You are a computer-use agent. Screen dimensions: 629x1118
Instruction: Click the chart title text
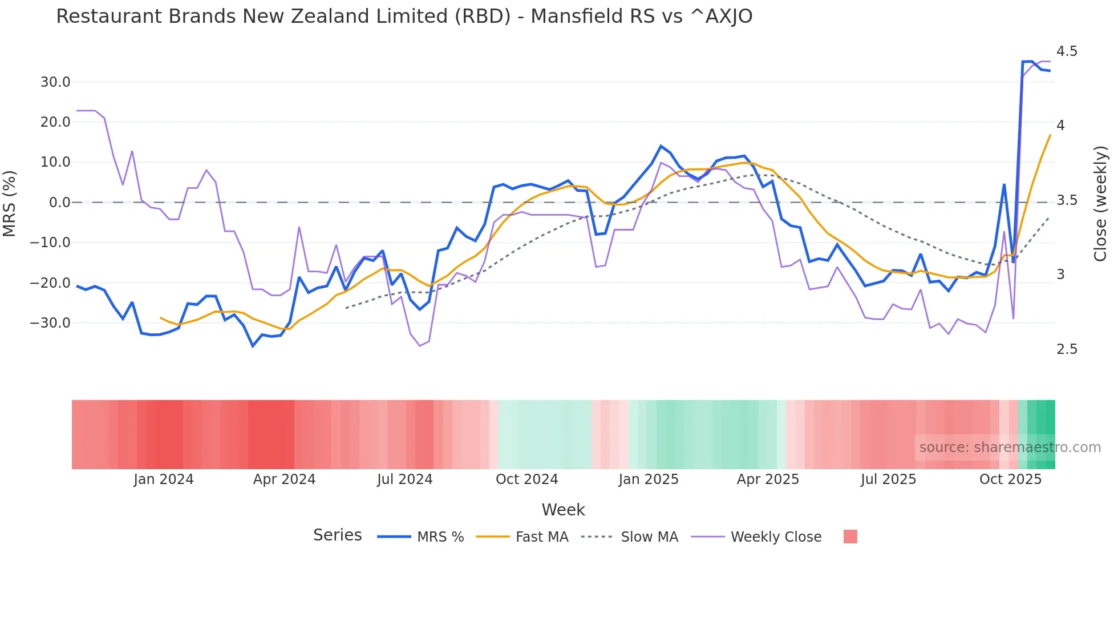coord(404,17)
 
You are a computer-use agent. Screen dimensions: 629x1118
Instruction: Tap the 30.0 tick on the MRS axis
coord(55,82)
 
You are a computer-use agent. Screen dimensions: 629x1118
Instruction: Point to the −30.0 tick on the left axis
coord(50,323)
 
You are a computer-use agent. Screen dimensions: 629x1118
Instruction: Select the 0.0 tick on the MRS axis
coord(59,203)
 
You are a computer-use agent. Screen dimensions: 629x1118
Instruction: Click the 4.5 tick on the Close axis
coord(1067,51)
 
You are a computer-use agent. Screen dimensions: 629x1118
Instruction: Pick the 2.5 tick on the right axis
coord(1067,349)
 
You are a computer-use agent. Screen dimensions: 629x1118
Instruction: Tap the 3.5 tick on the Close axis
coord(1067,200)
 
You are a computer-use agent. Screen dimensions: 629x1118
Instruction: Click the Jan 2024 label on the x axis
coord(164,479)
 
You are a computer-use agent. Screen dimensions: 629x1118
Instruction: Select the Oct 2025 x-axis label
coord(1010,479)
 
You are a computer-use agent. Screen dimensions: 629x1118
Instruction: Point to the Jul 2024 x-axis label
coord(405,479)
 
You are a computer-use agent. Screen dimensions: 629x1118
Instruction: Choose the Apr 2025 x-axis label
coord(768,479)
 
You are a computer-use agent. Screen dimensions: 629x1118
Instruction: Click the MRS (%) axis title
coord(10,203)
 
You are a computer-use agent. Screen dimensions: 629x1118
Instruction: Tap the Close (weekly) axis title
coord(1100,203)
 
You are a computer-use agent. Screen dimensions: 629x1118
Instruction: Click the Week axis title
coord(563,510)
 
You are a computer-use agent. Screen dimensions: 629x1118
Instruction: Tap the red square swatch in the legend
coord(850,537)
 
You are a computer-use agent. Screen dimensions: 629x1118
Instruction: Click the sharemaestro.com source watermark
coord(1010,447)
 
